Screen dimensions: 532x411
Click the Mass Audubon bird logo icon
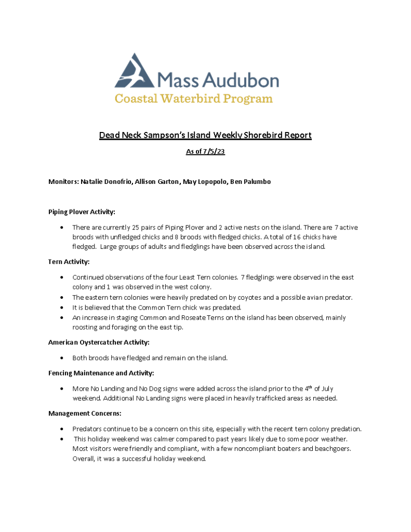coord(135,71)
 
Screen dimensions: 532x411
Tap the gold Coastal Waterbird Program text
coord(194,98)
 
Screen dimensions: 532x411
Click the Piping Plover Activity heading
coord(82,212)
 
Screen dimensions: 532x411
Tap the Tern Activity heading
coord(69,262)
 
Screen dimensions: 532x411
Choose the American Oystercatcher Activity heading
coord(99,342)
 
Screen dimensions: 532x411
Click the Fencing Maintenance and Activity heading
coord(101,373)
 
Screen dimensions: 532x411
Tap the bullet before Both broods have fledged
coord(62,358)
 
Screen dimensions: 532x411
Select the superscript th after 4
coord(310,387)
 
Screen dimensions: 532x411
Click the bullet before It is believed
coord(62,308)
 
